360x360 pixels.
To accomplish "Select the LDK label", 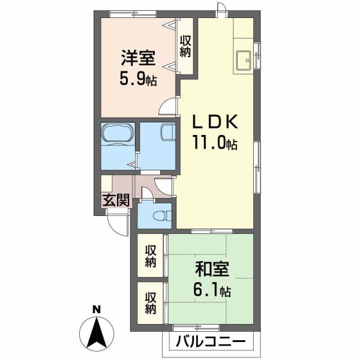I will click(215, 123).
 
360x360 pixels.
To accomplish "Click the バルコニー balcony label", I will click(211, 344).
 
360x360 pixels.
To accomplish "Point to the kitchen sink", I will click(244, 61).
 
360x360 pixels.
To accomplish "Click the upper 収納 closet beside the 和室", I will click(150, 256).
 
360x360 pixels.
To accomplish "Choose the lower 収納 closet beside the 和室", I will click(150, 303).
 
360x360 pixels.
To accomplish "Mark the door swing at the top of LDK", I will click(223, 10).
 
